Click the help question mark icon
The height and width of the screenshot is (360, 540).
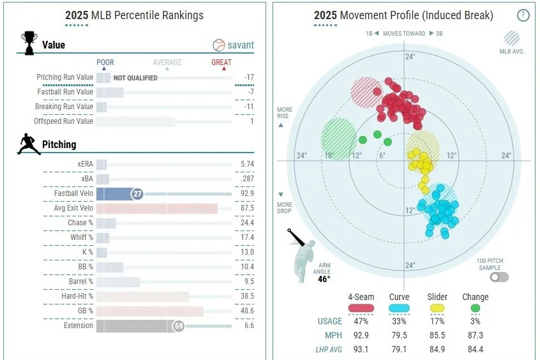pos(523,15)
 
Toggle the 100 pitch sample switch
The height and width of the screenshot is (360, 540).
pos(499,277)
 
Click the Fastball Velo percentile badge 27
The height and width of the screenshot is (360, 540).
pos(137,193)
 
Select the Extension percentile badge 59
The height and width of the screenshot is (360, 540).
pos(179,326)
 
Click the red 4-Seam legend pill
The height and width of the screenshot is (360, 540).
pos(361,308)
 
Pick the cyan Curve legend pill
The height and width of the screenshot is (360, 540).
pos(400,308)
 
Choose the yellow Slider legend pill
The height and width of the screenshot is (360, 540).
pos(437,308)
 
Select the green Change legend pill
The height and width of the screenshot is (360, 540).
pos(475,308)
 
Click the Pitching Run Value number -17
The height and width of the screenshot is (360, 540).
pos(248,77)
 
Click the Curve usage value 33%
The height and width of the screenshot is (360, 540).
pos(400,321)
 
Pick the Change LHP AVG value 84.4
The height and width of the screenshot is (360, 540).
pos(475,349)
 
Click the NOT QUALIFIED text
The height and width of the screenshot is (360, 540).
pos(135,78)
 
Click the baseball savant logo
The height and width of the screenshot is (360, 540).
pos(233,45)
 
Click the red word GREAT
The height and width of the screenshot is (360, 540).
pos(221,63)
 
